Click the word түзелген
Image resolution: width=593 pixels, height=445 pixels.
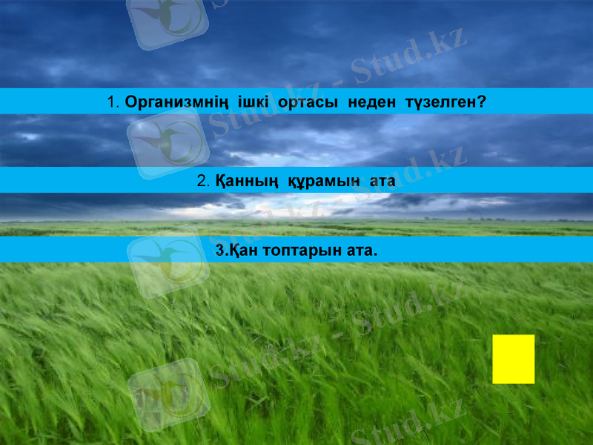(440, 101)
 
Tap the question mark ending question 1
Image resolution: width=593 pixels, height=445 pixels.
(483, 101)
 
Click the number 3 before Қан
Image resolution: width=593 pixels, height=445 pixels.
(219, 251)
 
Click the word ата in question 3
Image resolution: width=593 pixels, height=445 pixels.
(362, 251)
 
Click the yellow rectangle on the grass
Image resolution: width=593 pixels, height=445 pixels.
(513, 359)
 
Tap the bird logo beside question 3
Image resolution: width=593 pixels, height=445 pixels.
(168, 263)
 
